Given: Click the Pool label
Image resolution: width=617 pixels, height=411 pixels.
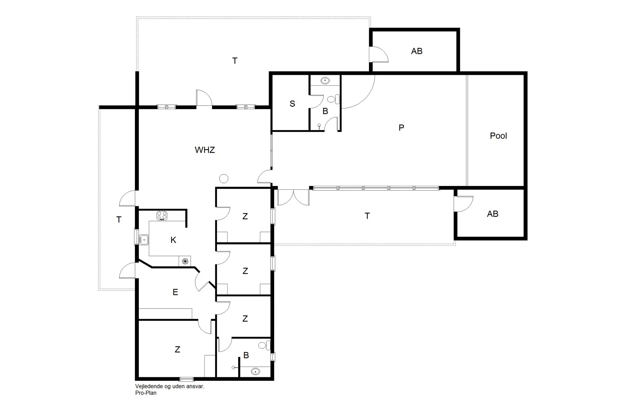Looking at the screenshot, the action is click(x=498, y=136).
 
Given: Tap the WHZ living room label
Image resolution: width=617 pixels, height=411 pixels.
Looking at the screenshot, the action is click(x=205, y=150).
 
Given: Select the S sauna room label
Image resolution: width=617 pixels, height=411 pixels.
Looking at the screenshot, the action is click(x=292, y=104).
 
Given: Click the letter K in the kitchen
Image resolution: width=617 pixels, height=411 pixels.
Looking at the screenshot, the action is click(x=174, y=240).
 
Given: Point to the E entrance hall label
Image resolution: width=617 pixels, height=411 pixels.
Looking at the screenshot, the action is click(x=175, y=292).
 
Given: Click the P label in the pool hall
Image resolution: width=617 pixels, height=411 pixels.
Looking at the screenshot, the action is click(x=401, y=128).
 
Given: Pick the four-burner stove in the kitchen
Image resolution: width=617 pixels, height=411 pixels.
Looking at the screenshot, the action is click(x=162, y=216).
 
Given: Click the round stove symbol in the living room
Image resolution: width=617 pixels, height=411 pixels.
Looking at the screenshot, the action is click(x=224, y=179).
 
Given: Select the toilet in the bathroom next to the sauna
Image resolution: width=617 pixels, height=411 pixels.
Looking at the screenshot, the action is click(x=333, y=99).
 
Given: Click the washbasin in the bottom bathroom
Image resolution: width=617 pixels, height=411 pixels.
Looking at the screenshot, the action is click(x=255, y=372).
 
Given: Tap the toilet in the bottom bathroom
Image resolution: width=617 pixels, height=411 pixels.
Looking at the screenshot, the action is click(x=264, y=345).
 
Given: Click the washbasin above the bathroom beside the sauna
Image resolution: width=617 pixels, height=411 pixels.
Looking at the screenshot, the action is click(x=326, y=80).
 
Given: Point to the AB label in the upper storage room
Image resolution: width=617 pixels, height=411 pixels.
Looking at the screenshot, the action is click(x=417, y=51).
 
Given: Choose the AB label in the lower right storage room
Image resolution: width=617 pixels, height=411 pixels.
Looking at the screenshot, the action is click(x=493, y=214).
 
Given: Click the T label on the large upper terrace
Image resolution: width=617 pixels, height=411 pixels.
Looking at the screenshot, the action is click(x=235, y=61).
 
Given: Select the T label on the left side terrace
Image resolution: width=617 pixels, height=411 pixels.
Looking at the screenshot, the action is click(x=119, y=220).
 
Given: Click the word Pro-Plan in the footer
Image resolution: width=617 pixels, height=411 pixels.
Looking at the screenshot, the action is click(x=146, y=393).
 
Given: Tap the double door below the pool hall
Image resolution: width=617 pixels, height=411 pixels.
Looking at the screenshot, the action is click(x=293, y=197).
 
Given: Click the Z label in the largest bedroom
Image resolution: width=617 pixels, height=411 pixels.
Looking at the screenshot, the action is click(x=177, y=349).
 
